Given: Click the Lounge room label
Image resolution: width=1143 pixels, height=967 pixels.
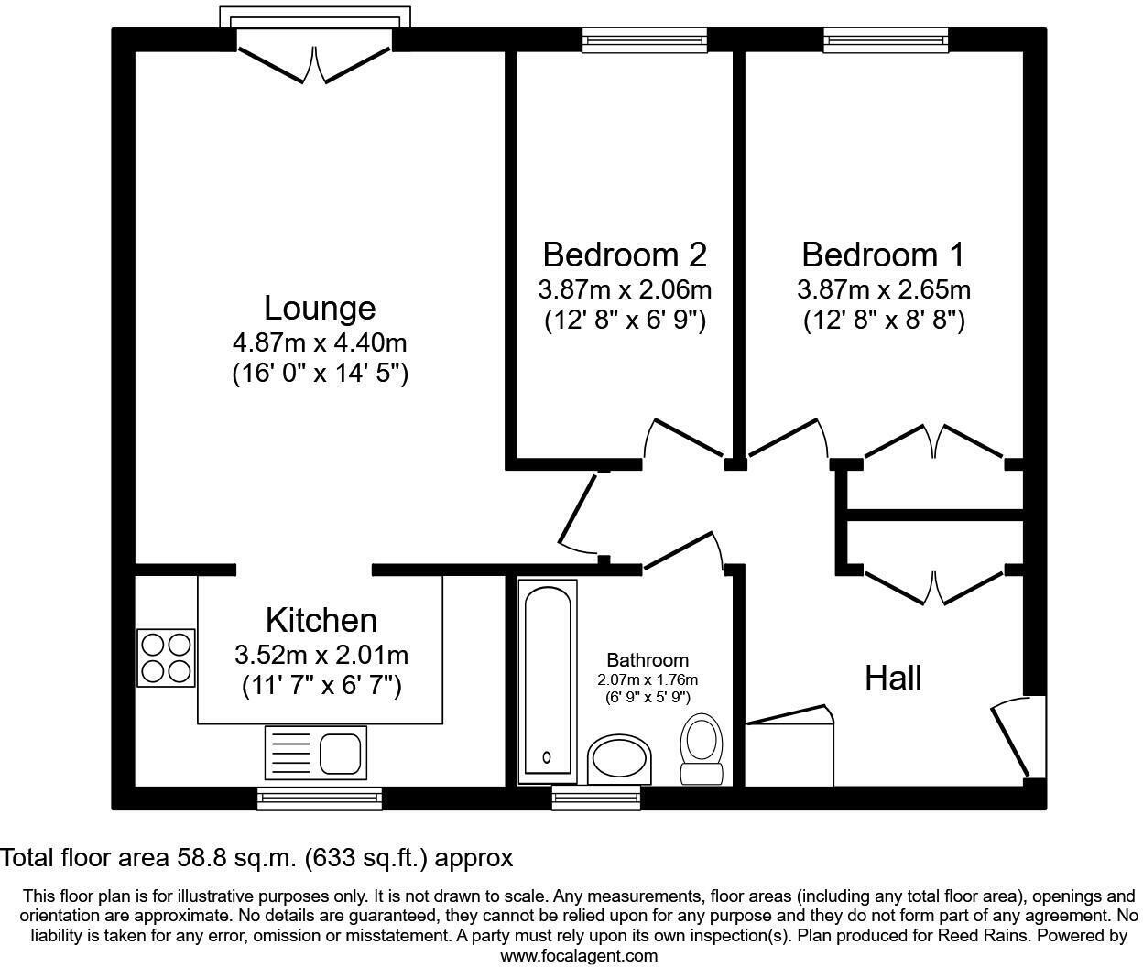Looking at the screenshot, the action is pos(320,309).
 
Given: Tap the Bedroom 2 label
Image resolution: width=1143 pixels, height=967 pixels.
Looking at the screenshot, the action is pos(625,255).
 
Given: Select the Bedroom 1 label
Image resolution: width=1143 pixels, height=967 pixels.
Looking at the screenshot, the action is pos(883,255).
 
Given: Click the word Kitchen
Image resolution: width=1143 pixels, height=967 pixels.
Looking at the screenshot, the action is pos(321,620).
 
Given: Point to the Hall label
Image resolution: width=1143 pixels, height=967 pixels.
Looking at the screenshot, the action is pos(893,678).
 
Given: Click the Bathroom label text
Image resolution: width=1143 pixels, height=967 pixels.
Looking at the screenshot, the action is pos(648,660).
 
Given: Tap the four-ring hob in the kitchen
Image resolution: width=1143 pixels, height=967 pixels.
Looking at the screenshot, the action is pos(166,657).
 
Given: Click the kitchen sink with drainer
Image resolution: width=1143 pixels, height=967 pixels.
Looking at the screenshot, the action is pos(316,753).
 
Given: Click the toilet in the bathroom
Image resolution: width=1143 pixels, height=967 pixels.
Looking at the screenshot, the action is pos(702,749).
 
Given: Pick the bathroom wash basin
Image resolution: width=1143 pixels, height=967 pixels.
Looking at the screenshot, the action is pos(619,760).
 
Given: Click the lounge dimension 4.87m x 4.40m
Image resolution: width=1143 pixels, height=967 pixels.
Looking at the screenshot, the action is pos(320,343).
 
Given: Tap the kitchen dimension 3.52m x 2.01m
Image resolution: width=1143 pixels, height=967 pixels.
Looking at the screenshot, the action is pos(321,656).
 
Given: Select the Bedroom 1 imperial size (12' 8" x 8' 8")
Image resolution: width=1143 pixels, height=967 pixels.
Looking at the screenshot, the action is pos(884,321).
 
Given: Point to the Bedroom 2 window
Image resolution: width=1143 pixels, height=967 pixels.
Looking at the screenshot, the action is pos(645,39).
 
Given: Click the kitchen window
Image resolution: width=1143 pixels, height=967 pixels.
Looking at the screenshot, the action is pos(320,798).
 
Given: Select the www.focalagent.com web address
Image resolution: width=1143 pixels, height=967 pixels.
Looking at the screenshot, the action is pos(579,955).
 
